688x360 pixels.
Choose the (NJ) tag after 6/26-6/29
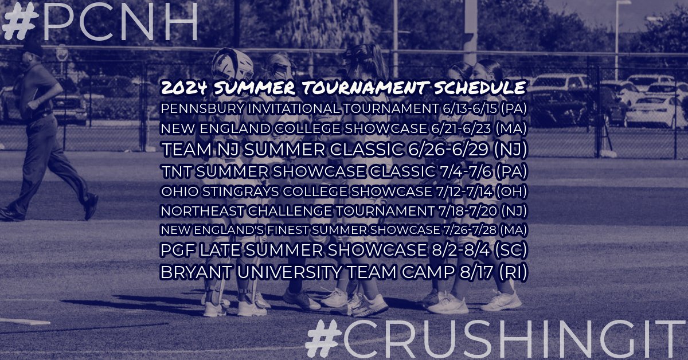510,150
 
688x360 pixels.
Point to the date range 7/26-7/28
468,230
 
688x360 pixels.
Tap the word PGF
177,251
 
